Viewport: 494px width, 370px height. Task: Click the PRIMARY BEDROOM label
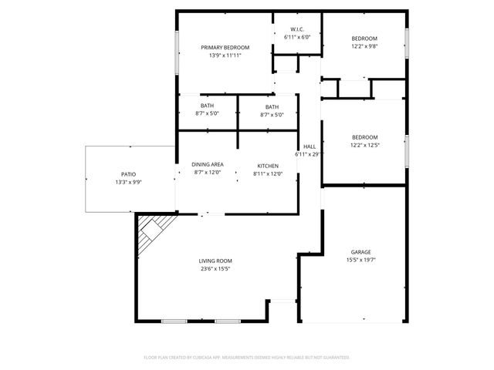(x=225, y=47)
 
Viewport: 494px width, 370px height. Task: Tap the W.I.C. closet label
(x=297, y=29)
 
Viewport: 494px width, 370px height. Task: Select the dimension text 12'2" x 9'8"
(x=364, y=46)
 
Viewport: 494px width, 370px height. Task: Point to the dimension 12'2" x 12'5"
(x=364, y=144)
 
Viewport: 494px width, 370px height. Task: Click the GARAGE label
(x=361, y=252)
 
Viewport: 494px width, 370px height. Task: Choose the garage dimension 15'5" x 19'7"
(x=361, y=260)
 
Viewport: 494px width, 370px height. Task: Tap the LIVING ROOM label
(x=215, y=261)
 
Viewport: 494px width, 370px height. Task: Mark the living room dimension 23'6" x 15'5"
(x=215, y=268)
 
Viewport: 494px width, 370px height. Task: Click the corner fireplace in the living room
(x=154, y=231)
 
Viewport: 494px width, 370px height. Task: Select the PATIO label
(x=128, y=174)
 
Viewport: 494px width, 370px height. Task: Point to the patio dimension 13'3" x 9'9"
(x=128, y=182)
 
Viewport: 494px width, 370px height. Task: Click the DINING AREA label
(x=207, y=165)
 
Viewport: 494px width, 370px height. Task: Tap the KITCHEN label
(x=268, y=165)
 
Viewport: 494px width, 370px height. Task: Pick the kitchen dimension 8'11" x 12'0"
(x=268, y=173)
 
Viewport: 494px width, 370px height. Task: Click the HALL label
(x=310, y=146)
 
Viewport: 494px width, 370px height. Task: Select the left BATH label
(x=207, y=106)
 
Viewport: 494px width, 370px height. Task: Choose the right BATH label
(x=272, y=106)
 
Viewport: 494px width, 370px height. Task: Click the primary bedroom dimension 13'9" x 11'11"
(x=225, y=55)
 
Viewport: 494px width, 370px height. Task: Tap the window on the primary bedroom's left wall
(x=178, y=51)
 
